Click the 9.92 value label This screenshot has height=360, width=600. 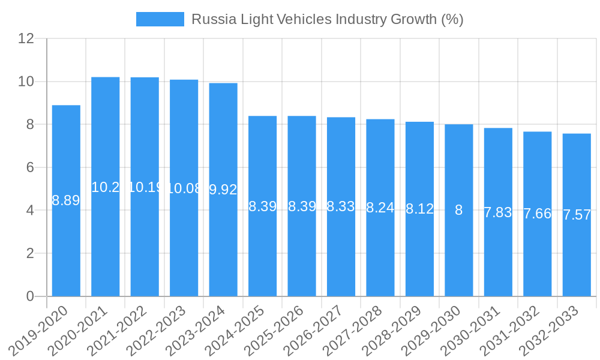(223, 190)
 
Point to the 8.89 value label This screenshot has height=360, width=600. (66, 200)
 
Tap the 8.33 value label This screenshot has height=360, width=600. (341, 206)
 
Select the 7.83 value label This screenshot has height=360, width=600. (498, 212)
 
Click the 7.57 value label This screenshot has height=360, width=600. (577, 215)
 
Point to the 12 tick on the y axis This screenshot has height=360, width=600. (26, 38)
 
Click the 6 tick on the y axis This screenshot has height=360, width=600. (30, 167)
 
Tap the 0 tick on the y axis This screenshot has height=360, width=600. (30, 296)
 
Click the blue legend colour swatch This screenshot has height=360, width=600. (160, 19)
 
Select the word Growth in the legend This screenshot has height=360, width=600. (413, 19)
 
